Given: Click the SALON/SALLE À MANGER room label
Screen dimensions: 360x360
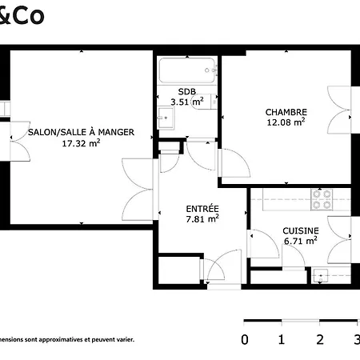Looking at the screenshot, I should click(81, 131).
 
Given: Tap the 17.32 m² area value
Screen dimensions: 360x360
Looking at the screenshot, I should click(81, 144).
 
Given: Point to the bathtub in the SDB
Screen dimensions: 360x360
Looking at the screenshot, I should click(188, 70).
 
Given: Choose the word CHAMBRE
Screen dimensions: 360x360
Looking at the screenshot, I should click(286, 111).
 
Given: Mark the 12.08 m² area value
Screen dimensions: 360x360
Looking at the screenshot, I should click(286, 122).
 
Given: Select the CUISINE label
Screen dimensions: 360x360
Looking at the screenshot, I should click(301, 230).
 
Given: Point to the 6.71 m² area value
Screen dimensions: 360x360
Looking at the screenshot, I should click(301, 241).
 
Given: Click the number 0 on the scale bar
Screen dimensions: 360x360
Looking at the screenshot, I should click(245, 339).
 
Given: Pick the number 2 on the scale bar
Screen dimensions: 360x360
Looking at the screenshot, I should click(320, 339).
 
